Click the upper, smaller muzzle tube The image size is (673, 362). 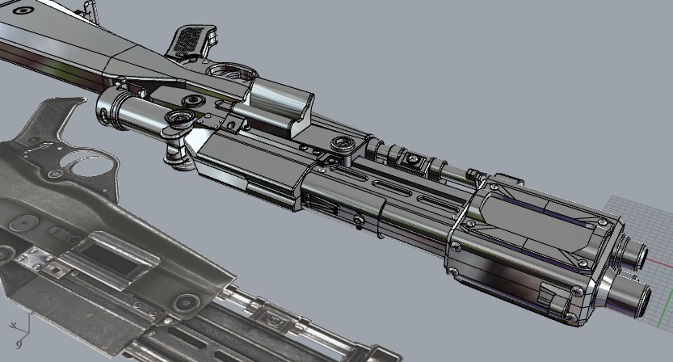coord(635,254)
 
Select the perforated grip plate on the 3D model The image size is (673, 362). coord(191,36)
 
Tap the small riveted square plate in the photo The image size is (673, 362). coord(36,258)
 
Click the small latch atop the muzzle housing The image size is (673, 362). coord(506,179)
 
